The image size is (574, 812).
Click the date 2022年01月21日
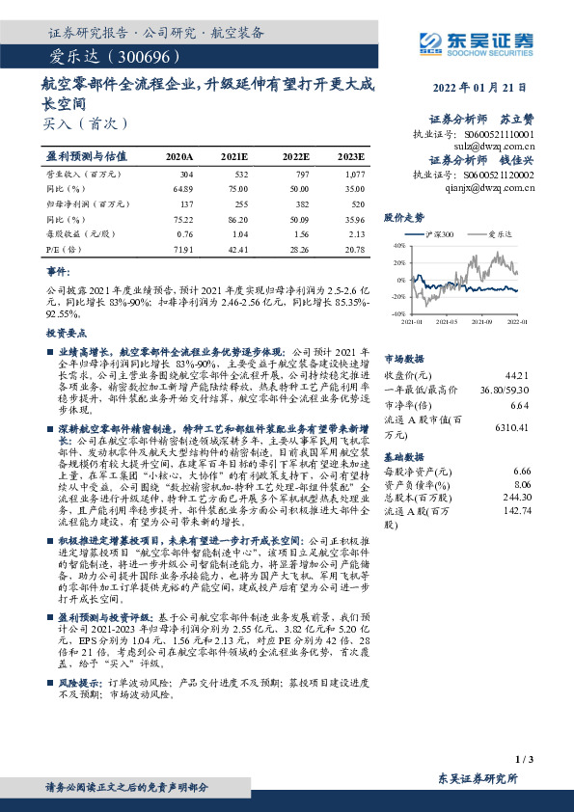point(491,87)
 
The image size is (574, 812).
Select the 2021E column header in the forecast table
point(234,155)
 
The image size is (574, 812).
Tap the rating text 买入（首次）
point(79,124)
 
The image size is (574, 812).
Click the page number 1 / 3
point(525,762)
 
